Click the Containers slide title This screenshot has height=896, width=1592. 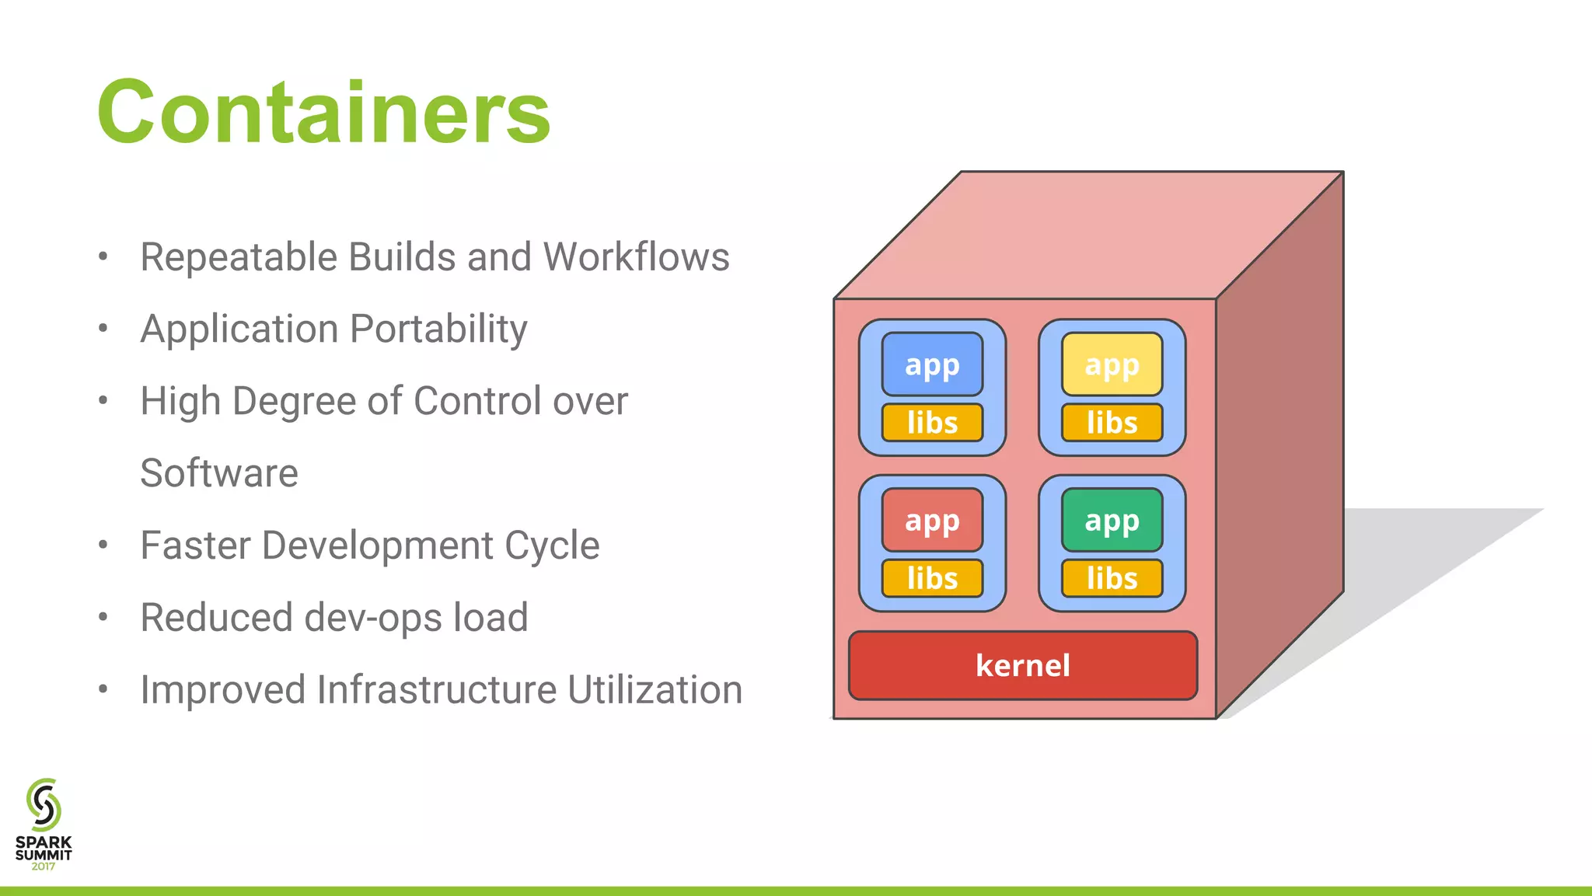(x=323, y=113)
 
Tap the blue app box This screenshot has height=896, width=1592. (x=932, y=364)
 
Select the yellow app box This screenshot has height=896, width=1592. (x=1112, y=364)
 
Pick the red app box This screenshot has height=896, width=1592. (x=932, y=520)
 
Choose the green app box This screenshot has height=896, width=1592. (x=1112, y=520)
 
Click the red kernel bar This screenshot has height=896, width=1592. (x=1022, y=666)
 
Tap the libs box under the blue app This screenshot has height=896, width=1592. (x=932, y=423)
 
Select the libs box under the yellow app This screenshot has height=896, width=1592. (x=1112, y=423)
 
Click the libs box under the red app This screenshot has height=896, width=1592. (x=932, y=578)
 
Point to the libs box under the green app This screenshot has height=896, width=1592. (x=1112, y=578)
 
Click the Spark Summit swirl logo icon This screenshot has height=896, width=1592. (x=44, y=805)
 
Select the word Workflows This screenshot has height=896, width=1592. (x=636, y=257)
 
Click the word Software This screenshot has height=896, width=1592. (x=219, y=473)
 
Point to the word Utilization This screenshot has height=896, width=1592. (x=655, y=690)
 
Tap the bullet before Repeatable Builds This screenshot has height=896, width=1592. (x=103, y=256)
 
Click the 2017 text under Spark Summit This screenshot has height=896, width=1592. (x=44, y=866)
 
